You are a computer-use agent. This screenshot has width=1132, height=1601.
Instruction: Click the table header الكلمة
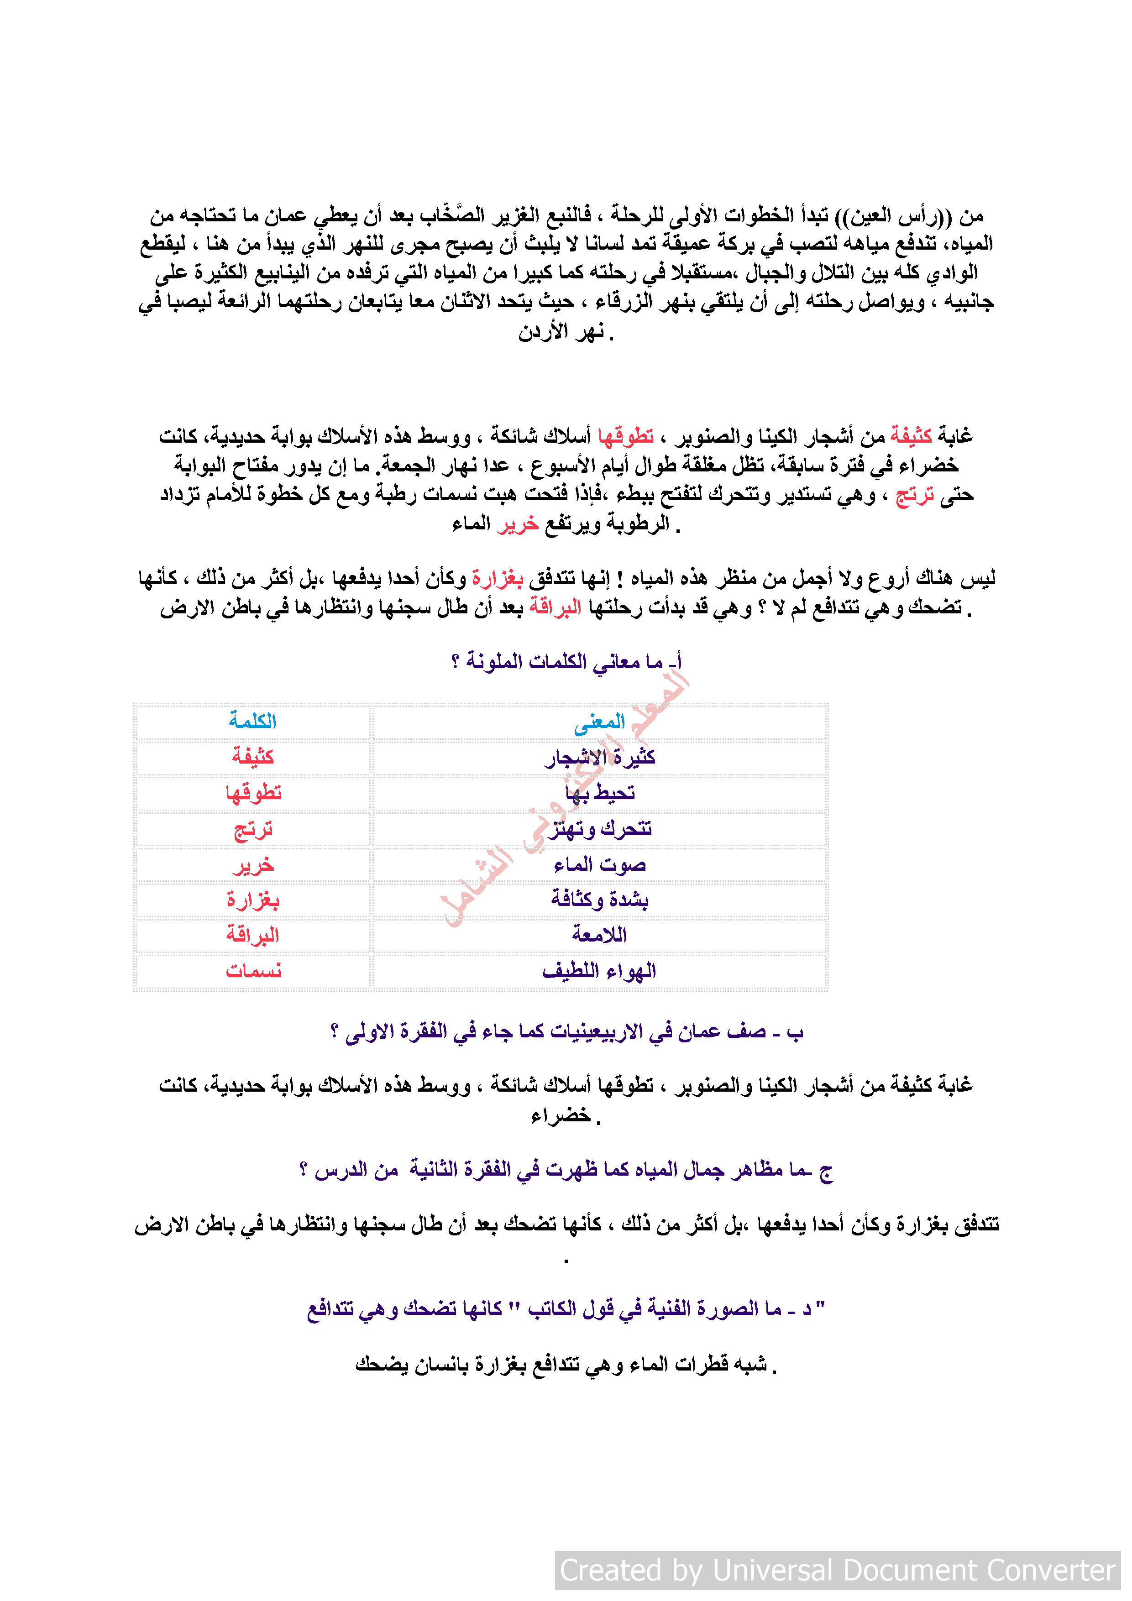pyautogui.click(x=252, y=721)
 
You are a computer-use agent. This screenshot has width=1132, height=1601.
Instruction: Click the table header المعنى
pyautogui.click(x=599, y=722)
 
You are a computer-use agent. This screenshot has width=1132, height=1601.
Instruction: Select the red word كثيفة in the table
pyautogui.click(x=252, y=757)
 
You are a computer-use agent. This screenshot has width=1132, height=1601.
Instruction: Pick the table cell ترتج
pyautogui.click(x=252, y=829)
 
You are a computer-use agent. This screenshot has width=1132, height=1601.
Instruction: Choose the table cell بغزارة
pyautogui.click(x=252, y=900)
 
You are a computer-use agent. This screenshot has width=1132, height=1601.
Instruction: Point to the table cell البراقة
pyautogui.click(x=252, y=935)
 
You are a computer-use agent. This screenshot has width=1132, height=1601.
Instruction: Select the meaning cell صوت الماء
pyautogui.click(x=600, y=865)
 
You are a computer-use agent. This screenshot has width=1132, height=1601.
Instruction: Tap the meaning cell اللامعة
pyautogui.click(x=599, y=935)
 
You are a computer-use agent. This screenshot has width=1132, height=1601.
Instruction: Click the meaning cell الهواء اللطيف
pyautogui.click(x=599, y=971)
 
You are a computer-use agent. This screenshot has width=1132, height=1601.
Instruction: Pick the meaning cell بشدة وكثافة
pyautogui.click(x=599, y=900)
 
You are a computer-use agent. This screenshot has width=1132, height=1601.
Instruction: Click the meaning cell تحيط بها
pyautogui.click(x=600, y=793)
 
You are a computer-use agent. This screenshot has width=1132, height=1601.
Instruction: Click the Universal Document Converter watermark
pyautogui.click(x=837, y=1570)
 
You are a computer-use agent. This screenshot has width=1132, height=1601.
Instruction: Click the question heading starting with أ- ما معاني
pyautogui.click(x=566, y=661)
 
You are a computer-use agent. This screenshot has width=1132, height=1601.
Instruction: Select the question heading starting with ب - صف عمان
pyautogui.click(x=566, y=1031)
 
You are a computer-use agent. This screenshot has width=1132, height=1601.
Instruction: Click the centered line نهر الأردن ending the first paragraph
pyautogui.click(x=565, y=333)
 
